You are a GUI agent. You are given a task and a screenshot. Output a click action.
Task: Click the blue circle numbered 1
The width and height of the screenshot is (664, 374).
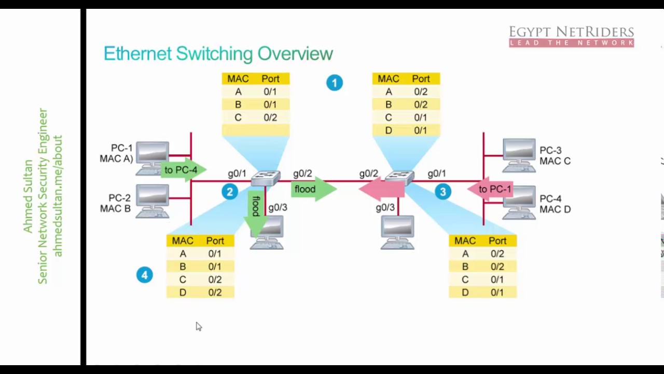coord(335,83)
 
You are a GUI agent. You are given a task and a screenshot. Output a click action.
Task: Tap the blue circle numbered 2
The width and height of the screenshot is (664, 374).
coord(230,192)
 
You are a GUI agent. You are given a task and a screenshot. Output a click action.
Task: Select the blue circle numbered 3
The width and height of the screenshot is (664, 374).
coord(442,192)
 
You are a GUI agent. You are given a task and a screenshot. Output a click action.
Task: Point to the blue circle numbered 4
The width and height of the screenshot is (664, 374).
coord(145,275)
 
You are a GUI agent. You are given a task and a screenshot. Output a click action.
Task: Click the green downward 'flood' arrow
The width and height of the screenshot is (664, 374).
coord(255,210)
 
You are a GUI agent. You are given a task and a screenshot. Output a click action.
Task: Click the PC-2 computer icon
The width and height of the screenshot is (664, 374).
coord(153,201)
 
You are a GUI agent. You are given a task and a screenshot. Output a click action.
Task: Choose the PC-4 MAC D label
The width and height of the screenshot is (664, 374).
coord(555,204)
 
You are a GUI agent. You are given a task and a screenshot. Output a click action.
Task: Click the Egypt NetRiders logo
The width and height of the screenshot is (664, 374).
coord(571,36)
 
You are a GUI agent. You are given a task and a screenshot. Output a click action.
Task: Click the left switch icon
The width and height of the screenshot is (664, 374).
coord(265,178)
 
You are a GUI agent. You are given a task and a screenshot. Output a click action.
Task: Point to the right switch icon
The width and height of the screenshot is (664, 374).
coord(400,178)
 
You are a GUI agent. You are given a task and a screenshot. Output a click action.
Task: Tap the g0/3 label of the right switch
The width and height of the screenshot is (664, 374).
coord(385,207)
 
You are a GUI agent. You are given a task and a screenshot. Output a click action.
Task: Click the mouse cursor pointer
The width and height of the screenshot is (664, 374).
coord(198,326)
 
